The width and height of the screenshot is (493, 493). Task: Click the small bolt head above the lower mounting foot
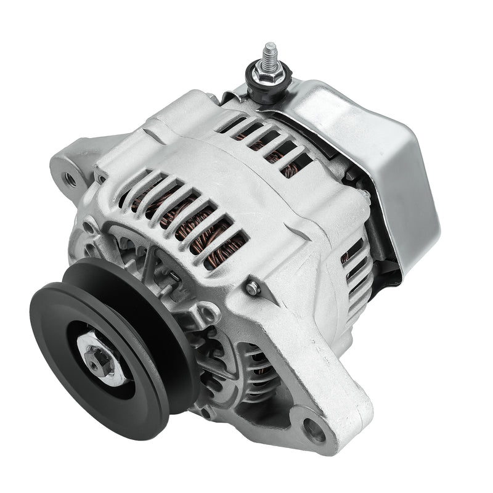tap(251, 287)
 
